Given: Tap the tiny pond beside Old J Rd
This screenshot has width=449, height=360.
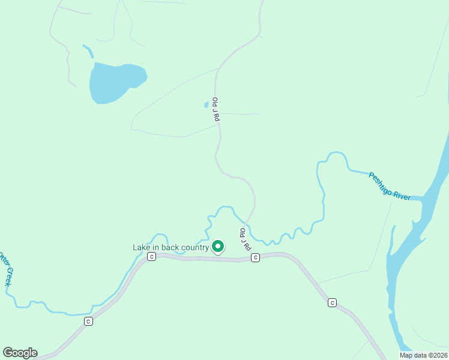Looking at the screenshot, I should coord(206,105).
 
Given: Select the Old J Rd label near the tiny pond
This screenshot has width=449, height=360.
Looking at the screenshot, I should coord(215,110).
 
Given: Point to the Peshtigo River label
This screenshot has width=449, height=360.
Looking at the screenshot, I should coord(389,186).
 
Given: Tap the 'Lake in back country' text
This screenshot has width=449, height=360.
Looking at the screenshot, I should coord(170,247).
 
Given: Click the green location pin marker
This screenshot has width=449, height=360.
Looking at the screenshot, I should coord(218,246).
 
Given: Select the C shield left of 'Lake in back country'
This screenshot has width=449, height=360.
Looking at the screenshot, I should coord(152,257).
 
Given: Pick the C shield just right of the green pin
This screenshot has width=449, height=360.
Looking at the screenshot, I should coord(255,257).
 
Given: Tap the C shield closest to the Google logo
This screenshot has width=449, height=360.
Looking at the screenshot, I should coord(89,321).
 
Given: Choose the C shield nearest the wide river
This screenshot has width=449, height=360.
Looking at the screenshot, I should coord(332,302).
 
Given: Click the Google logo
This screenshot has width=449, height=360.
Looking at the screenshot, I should coord(20,353).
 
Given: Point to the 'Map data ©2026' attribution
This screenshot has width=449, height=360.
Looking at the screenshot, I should coord(423,355).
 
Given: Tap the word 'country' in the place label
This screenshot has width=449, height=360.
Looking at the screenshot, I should coord(194,247).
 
